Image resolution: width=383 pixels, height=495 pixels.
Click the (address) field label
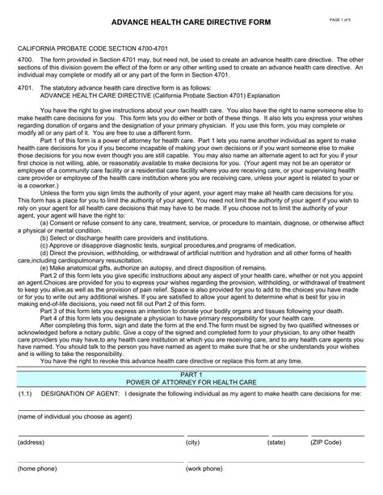[x=32, y=443]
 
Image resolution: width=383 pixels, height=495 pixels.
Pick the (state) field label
[x=276, y=443]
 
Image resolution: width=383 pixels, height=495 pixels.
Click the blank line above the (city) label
[x=222, y=435]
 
